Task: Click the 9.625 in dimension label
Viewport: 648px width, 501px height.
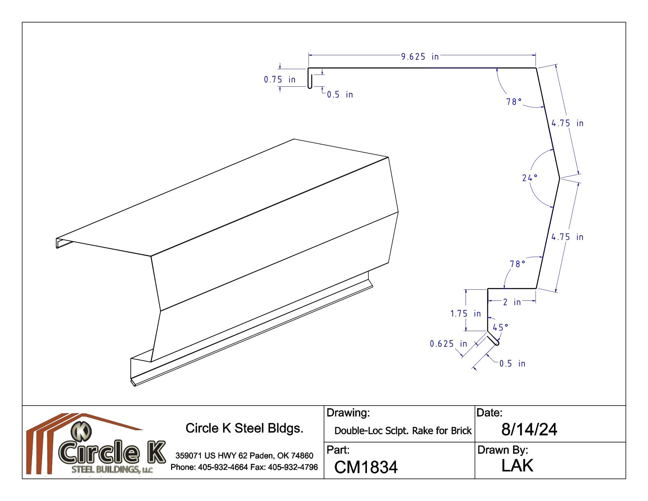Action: click(x=420, y=57)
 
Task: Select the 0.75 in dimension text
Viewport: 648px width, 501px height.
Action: click(x=279, y=80)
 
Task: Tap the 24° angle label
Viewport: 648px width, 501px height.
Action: click(x=530, y=178)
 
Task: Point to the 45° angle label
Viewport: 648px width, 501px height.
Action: click(x=500, y=327)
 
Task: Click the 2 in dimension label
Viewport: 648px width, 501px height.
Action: click(x=512, y=302)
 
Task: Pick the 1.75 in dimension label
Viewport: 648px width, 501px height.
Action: click(x=466, y=314)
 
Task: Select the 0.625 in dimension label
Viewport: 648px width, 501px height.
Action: click(x=448, y=344)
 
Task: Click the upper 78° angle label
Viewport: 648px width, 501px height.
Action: click(x=514, y=102)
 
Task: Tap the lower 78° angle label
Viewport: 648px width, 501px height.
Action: click(x=517, y=264)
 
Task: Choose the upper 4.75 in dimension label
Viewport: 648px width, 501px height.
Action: click(x=567, y=123)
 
